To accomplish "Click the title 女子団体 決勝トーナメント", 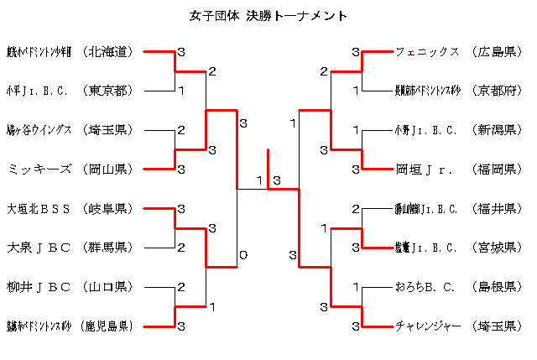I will click(x=269, y=16).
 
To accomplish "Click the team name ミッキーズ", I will click(x=38, y=170).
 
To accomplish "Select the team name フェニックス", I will click(x=427, y=52).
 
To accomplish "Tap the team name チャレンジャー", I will click(x=428, y=326).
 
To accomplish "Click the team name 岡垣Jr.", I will click(x=425, y=170).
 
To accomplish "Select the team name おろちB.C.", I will click(x=425, y=287).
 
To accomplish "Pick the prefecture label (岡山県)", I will click(x=110, y=170).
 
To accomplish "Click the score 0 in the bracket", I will click(x=243, y=254).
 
